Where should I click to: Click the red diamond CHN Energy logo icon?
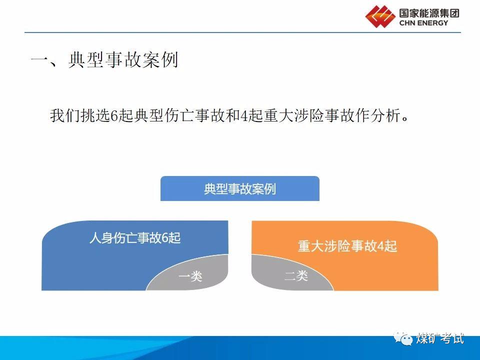[380, 16]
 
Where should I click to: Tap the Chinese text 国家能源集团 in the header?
[429, 12]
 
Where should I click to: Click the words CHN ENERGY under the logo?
[423, 23]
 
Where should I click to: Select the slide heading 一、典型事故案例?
[104, 61]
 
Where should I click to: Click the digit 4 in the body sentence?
[244, 116]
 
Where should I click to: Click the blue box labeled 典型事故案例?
[239, 189]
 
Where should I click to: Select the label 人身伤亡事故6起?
[135, 238]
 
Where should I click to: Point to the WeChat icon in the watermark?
[404, 338]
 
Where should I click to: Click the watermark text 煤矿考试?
[440, 338]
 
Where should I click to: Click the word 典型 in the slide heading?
[85, 61]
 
